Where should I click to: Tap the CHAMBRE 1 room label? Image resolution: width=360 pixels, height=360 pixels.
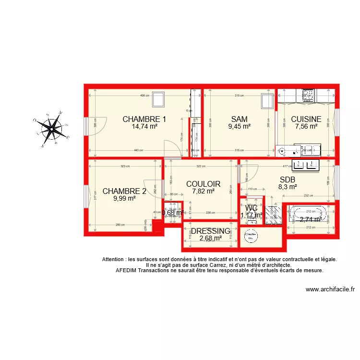tap(144, 120)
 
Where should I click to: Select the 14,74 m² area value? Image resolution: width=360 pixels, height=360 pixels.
tap(144, 127)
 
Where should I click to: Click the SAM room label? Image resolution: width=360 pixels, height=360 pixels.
tap(239, 120)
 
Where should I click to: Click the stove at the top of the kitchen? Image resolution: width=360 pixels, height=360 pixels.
tap(308, 95)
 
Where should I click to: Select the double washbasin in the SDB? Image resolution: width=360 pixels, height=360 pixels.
tap(305, 165)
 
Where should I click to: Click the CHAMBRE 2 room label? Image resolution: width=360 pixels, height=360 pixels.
tap(124, 191)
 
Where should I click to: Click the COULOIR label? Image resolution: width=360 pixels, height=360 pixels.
tap(203, 184)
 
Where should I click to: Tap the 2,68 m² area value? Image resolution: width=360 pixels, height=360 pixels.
tap(211, 238)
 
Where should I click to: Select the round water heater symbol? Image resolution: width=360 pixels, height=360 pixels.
tap(251, 236)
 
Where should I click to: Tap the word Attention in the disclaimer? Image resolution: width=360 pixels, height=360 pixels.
tap(115, 259)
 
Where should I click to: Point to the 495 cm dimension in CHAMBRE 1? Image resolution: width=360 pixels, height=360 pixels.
tap(144, 96)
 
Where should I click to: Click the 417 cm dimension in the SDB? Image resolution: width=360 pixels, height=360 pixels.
tap(287, 167)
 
